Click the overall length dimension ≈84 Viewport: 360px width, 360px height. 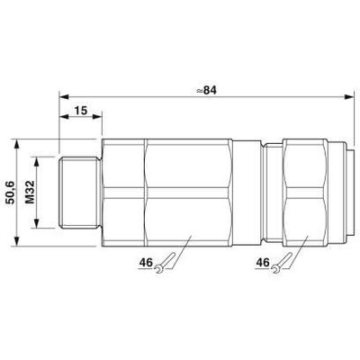[x=206, y=90]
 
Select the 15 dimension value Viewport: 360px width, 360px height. [x=80, y=111]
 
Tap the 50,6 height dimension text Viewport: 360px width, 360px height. [x=10, y=193]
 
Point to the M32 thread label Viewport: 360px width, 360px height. [x=30, y=193]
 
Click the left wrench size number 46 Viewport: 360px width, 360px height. [x=146, y=263]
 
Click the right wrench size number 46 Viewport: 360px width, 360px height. [x=263, y=263]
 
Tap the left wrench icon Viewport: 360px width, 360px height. [x=165, y=263]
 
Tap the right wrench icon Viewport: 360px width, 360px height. [x=282, y=263]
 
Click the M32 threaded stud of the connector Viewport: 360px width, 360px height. [x=79, y=193]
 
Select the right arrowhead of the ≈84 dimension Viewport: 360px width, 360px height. [x=349, y=96]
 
